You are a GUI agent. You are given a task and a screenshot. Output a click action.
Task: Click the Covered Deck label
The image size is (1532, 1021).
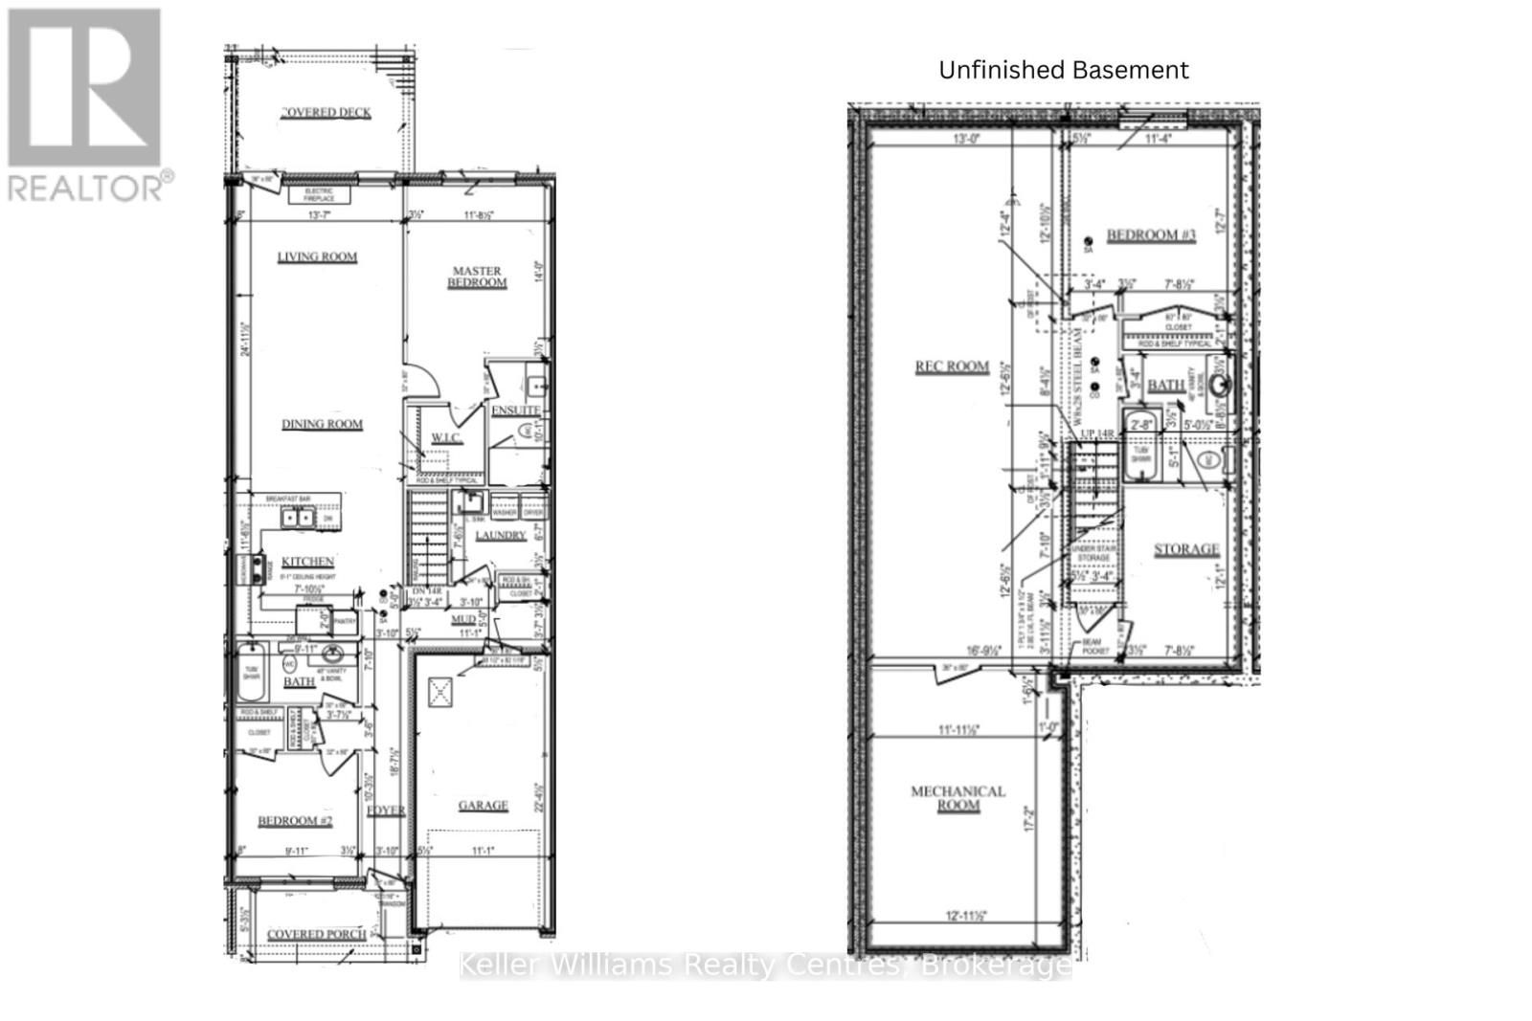(327, 112)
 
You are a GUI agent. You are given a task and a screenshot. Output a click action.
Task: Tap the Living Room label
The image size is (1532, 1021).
(317, 256)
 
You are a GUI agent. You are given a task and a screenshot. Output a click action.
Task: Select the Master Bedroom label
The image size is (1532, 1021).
(477, 277)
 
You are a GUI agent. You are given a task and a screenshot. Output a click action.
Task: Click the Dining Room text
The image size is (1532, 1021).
(322, 424)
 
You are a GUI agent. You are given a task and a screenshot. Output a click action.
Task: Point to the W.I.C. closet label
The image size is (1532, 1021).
(446, 437)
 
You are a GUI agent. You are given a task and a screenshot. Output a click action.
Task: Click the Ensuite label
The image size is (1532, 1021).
(516, 411)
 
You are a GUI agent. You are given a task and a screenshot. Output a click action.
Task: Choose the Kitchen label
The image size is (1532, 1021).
(307, 562)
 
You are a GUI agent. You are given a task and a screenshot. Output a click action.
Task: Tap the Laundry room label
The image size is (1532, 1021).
(500, 535)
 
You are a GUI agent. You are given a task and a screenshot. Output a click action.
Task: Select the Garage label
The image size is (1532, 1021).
(483, 806)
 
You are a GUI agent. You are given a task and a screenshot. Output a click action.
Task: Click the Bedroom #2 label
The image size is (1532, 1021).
(295, 821)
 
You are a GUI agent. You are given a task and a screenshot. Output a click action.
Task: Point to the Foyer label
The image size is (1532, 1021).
(386, 810)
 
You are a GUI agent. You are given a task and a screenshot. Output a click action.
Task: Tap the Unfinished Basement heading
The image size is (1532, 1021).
(1063, 70)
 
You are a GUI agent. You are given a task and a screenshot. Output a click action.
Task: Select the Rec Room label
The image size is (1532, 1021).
(951, 366)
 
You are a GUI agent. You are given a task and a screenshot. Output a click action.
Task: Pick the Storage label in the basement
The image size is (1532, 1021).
(1186, 549)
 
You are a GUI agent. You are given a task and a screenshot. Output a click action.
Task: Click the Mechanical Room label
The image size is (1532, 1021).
(957, 798)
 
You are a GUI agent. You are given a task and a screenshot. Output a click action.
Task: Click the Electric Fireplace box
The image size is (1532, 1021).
(319, 195)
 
